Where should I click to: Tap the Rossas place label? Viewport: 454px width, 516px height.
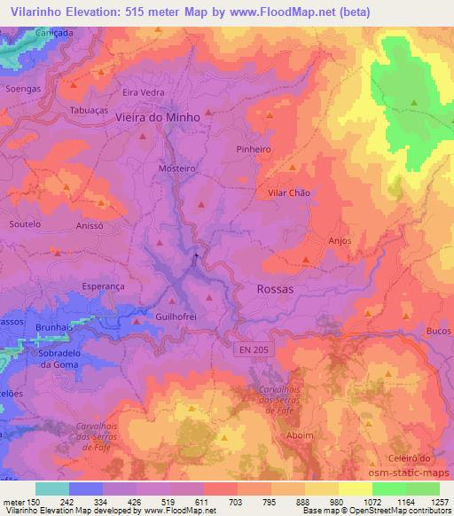click(x=274, y=289)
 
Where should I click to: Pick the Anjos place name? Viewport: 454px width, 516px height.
click(x=339, y=240)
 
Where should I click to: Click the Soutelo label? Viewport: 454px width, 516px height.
click(x=25, y=224)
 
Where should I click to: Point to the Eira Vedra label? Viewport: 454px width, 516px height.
click(x=143, y=91)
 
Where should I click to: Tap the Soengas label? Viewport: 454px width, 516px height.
click(x=23, y=90)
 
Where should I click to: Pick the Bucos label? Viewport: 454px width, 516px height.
click(x=436, y=329)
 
